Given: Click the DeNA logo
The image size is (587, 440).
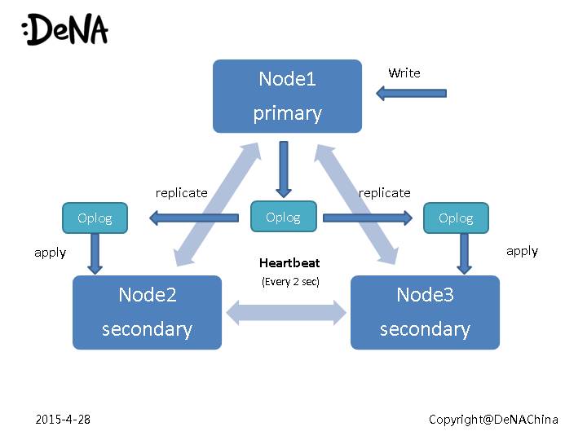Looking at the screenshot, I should pos(65,30).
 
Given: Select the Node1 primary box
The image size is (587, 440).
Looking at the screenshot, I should pos(287,96).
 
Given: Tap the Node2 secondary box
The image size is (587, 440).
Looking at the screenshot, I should pos(147,312).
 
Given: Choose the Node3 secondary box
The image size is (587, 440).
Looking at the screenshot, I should pos(425,312).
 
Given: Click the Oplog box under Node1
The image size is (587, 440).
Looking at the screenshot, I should pos(283,217).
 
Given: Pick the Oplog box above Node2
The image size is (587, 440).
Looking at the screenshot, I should pos(95,218).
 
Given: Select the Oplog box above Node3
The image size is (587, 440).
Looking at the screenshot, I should pos(456,218).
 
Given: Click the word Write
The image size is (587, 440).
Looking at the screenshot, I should pos(404,73).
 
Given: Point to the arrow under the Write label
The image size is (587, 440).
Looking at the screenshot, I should pos(411,93).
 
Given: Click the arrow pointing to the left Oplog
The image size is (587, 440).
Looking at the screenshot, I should pos(199,218).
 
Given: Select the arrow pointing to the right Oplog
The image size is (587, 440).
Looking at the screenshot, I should pos(369,218).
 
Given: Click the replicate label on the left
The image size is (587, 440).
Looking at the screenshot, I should pos(181,193).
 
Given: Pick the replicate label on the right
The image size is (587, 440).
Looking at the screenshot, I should pos(384,193).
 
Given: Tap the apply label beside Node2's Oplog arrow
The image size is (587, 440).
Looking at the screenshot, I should pos(50,253).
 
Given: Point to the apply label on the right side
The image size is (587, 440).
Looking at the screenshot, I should pos(522,251).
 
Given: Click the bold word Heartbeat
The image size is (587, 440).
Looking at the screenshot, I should pos(289,263).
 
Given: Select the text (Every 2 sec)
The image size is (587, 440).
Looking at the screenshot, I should pos(290,282).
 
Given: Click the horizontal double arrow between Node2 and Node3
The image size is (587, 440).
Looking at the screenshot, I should pos(286,312).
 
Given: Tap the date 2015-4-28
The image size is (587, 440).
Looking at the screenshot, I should pos(63,419).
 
